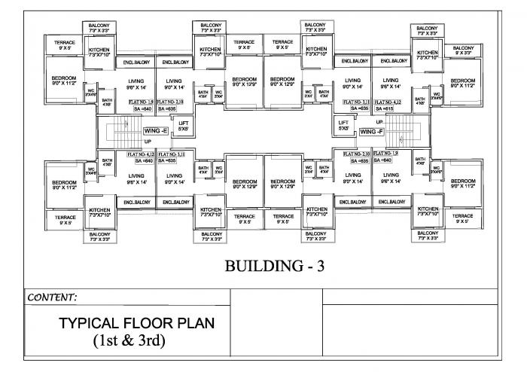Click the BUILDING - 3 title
click(x=274, y=267)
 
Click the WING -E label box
click(x=156, y=131)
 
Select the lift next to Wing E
click(x=183, y=125)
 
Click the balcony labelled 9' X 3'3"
click(x=463, y=50)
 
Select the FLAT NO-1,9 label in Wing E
click(x=142, y=101)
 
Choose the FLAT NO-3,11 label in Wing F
click(x=356, y=101)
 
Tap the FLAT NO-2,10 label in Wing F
click(x=356, y=153)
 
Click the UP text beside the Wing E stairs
click(x=148, y=141)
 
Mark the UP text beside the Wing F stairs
click(x=380, y=122)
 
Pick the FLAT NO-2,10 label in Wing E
click(x=169, y=101)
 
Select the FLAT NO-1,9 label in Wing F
click(x=385, y=153)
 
